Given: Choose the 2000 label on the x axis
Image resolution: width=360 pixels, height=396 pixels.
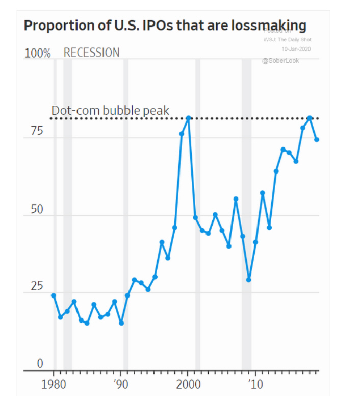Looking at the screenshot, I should pos(188,384).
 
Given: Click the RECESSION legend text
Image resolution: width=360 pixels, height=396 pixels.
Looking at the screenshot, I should pos(91,53).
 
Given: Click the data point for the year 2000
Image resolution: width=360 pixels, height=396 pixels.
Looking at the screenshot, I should pos(188,118).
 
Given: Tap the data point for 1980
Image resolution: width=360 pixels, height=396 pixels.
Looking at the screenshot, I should pos(54,295).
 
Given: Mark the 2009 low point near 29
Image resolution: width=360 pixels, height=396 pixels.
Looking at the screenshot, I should pos(249,280).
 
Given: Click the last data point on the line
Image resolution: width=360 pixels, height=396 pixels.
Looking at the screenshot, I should pos(316,139).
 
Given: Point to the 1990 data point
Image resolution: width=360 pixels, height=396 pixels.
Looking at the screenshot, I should pos(121,323).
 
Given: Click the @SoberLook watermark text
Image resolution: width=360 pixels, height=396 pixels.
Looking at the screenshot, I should pos(280,61).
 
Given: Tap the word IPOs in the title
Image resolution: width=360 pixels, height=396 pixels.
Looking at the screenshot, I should pos(150,26).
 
